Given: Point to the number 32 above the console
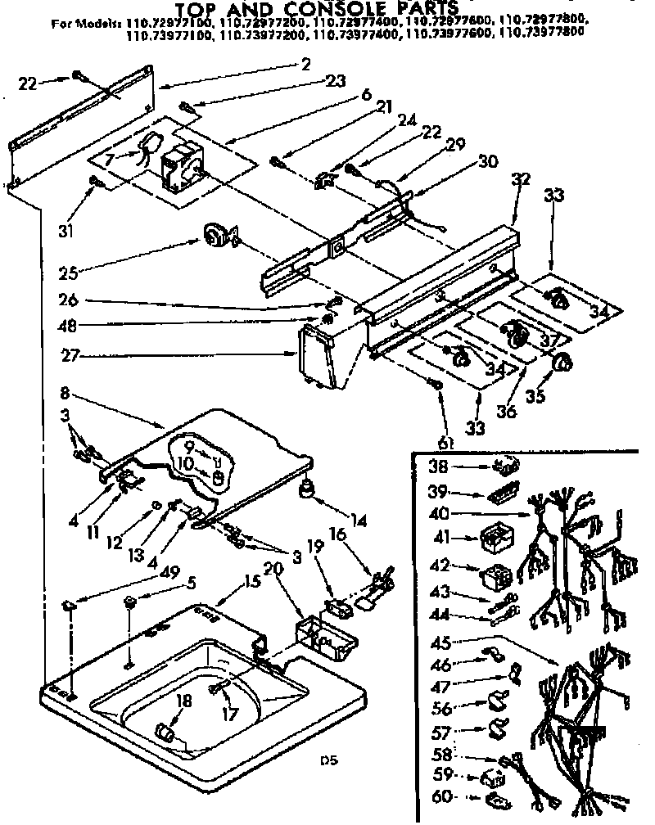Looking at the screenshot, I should point(521,179).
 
